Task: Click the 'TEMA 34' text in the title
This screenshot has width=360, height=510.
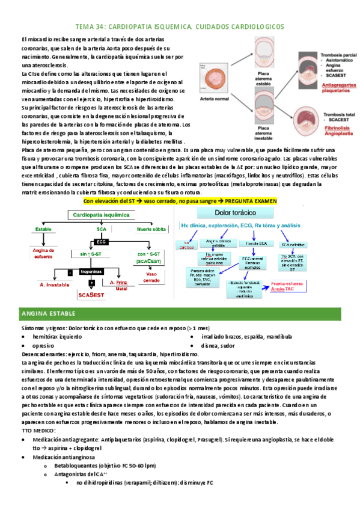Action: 90,27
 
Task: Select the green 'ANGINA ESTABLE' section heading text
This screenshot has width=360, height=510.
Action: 45,314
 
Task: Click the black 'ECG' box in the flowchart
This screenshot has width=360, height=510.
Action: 100,242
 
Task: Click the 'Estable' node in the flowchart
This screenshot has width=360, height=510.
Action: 43,230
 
